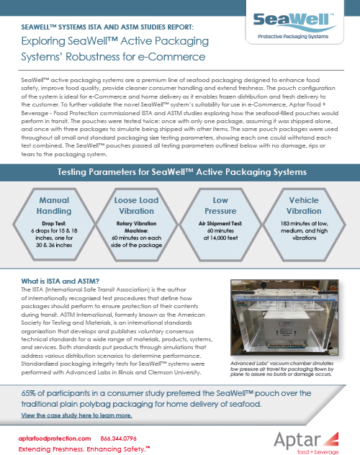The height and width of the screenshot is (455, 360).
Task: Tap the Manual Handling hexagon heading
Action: point(54,205)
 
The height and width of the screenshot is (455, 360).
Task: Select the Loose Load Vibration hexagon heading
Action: point(136,205)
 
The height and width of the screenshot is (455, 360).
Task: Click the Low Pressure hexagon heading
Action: point(220,205)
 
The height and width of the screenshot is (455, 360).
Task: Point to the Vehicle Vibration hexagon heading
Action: point(304,205)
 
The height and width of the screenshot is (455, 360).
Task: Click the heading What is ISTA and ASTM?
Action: point(60,281)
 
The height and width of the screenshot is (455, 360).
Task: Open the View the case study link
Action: point(76,415)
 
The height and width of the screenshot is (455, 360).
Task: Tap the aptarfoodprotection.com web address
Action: point(55,438)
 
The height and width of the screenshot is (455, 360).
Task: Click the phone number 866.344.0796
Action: point(118,438)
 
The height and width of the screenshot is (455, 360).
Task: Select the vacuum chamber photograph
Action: point(284,317)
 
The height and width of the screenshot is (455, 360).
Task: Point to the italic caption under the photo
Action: point(282,369)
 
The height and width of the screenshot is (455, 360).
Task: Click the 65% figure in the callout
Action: point(28,393)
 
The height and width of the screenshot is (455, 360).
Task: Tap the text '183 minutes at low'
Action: point(304,223)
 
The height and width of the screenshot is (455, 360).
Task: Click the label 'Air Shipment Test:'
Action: point(220,223)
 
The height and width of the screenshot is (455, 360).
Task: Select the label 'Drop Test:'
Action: point(54,223)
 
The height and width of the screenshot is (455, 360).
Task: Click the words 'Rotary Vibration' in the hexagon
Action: point(136,223)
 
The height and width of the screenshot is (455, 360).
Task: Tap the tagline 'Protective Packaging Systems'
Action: point(293,37)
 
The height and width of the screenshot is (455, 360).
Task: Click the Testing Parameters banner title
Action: point(182,172)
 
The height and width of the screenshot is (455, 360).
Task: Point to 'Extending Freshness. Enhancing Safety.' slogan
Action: point(84,449)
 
